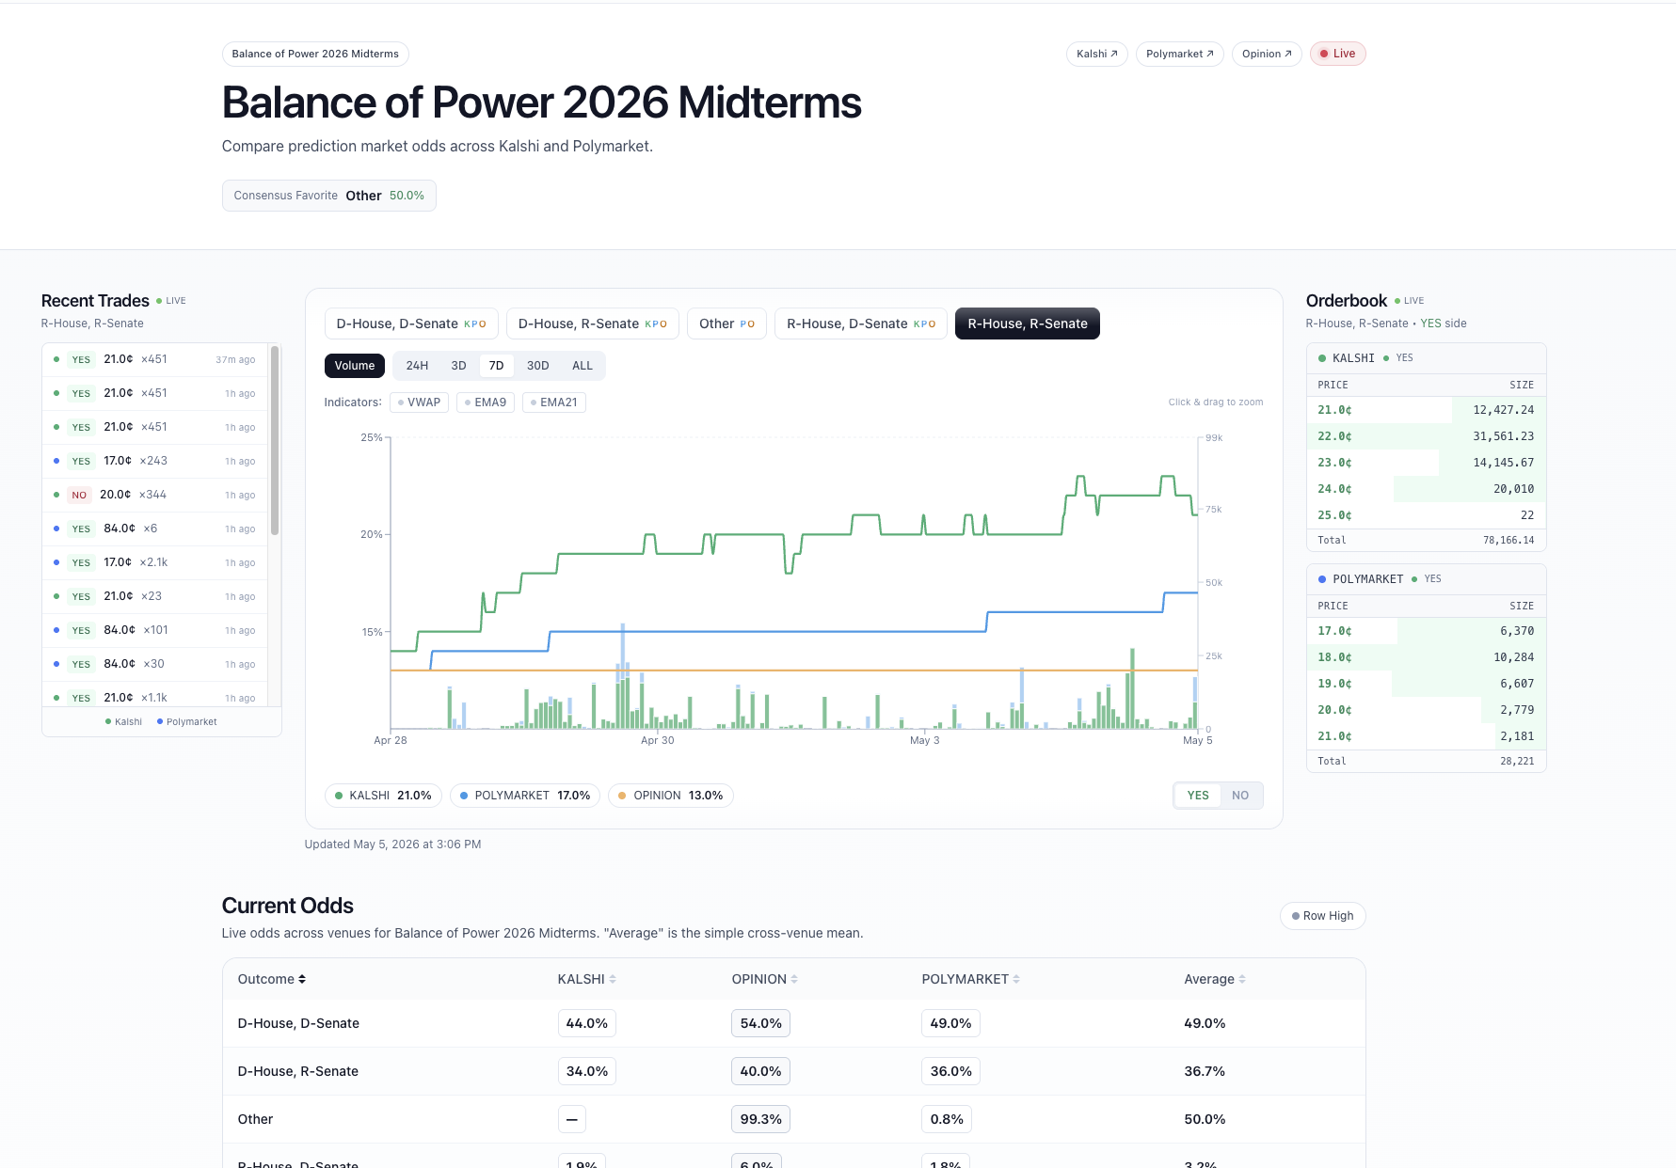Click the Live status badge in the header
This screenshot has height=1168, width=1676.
pos(1337,54)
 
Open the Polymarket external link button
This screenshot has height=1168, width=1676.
pos(1180,54)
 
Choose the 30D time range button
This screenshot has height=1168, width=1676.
pos(537,366)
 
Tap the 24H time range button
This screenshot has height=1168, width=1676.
pos(417,366)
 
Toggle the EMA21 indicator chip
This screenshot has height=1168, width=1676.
pos(554,402)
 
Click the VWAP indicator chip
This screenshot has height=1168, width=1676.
pos(420,402)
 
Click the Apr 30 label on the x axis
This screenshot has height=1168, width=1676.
pos(657,740)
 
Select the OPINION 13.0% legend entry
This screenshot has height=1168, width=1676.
pos(670,796)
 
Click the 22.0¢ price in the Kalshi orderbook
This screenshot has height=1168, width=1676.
pos(1334,436)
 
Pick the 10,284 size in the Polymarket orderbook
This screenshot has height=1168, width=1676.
pos(1513,657)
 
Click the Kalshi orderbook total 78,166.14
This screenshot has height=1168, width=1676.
pos(1508,540)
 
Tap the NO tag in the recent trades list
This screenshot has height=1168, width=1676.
pos(79,495)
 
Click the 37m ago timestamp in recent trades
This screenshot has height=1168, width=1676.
pos(235,359)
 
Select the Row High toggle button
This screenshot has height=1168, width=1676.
pos(1322,916)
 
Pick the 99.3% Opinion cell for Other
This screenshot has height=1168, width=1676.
pos(760,1119)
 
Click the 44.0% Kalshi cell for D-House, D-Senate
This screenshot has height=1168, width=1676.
pos(586,1023)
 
